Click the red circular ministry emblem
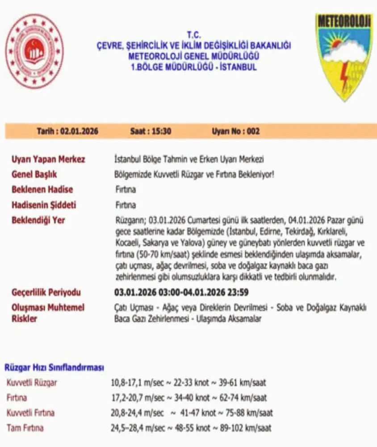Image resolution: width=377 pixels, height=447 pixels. tap(34, 51)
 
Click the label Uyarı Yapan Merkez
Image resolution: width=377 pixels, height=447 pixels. tap(48, 159)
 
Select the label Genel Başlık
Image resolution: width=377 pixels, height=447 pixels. tap(34, 174)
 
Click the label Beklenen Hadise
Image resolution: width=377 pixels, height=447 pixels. tap(42, 190)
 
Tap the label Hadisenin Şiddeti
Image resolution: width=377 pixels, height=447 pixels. tap(44, 205)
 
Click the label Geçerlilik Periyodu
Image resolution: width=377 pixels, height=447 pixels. tap(46, 293)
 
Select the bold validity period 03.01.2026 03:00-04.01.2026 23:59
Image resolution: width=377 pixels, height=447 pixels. tap(181, 293)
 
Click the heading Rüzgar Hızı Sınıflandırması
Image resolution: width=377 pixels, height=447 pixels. tap(54, 367)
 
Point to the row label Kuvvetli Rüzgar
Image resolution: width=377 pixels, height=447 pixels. tap(32, 383)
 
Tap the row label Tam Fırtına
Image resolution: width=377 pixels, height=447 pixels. tap(25, 428)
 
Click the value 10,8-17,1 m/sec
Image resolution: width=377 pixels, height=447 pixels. tap(136, 383)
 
